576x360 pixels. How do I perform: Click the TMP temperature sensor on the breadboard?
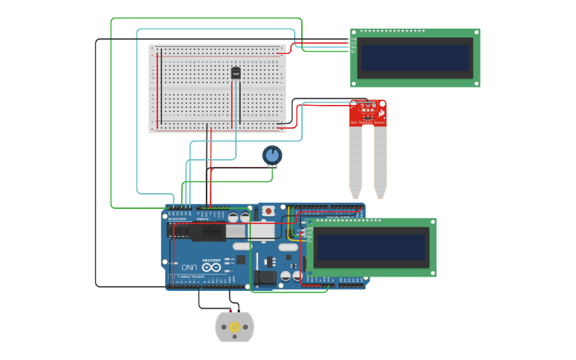(235, 73)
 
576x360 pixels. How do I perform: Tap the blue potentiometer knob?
(272, 155)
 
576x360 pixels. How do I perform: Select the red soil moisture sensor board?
(368, 113)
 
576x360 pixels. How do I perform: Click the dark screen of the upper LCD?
(415, 57)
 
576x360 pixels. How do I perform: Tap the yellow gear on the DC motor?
(234, 327)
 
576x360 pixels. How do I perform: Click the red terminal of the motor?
(230, 310)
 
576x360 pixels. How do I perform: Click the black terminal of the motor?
(240, 310)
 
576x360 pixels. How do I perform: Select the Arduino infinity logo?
(211, 267)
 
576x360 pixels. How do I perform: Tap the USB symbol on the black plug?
(208, 231)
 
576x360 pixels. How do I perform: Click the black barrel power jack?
(266, 277)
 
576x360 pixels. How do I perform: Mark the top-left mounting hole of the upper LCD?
(354, 33)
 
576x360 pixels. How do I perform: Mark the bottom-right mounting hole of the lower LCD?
(432, 273)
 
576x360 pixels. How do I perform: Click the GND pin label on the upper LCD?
(354, 39)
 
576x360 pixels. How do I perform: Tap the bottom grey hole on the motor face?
(234, 337)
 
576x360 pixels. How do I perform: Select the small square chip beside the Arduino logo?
(239, 259)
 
